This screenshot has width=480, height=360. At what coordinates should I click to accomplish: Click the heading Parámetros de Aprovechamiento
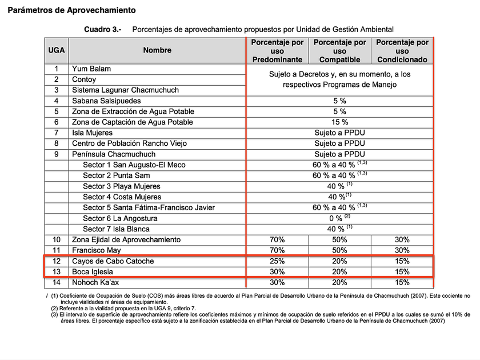click(x=71, y=10)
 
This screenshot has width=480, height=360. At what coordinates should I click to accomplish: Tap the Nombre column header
click(x=157, y=50)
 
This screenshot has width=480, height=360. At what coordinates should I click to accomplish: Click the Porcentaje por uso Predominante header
click(x=277, y=51)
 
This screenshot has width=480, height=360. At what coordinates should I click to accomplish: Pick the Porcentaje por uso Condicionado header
click(x=402, y=51)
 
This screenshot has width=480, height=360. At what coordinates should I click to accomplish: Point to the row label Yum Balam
click(x=91, y=69)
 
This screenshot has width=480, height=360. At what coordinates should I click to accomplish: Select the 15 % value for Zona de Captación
click(x=339, y=122)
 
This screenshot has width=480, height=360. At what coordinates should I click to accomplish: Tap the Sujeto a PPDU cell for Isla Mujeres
click(x=339, y=133)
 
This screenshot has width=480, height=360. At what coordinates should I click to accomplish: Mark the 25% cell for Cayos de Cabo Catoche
click(x=277, y=261)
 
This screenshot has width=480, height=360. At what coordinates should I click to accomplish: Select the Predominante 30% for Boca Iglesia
click(x=277, y=272)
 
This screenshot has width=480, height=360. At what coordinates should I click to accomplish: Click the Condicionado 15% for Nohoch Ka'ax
click(x=402, y=282)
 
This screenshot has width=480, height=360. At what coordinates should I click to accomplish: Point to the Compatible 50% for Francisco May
click(x=339, y=250)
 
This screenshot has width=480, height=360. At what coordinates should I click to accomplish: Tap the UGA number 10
click(x=56, y=239)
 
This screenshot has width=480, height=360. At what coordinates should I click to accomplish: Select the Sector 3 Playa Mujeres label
click(x=121, y=186)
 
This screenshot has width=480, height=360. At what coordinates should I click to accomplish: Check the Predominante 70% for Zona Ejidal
click(x=277, y=239)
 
